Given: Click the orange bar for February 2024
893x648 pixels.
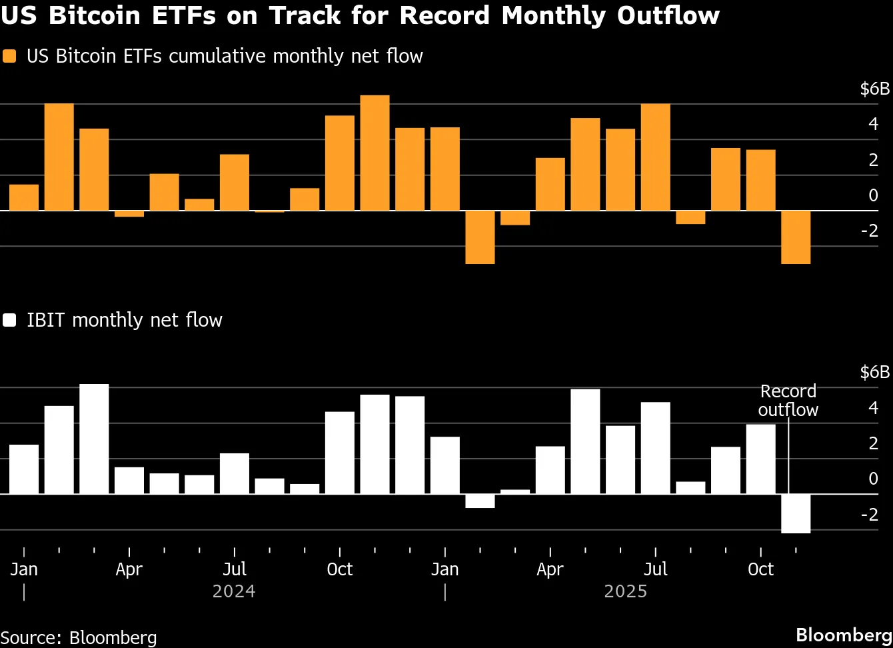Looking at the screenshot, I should click(x=59, y=157).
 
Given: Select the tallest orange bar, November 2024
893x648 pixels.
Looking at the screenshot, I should click(x=375, y=153).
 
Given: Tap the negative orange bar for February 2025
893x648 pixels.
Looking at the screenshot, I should click(x=480, y=237).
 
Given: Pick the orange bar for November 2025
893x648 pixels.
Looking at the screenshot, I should click(x=796, y=237).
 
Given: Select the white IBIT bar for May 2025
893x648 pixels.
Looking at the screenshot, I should click(x=585, y=441).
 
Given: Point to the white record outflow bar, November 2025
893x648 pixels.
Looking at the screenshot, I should click(x=796, y=513).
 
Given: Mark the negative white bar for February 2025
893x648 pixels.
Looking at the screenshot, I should click(x=480, y=501).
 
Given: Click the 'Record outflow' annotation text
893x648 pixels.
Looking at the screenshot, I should click(x=788, y=400).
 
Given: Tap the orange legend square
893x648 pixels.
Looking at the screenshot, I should click(x=9, y=56).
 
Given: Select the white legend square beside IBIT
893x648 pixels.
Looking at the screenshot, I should click(x=9, y=321).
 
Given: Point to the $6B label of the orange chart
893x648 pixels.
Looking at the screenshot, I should click(x=874, y=89).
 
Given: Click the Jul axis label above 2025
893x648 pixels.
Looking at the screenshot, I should click(x=656, y=569).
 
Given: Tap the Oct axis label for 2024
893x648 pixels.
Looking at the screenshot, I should click(x=340, y=569).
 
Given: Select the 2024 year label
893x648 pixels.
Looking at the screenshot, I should click(x=234, y=591).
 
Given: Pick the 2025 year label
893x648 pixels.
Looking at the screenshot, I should click(x=626, y=591).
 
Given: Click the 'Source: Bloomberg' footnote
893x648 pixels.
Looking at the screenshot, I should click(x=79, y=637).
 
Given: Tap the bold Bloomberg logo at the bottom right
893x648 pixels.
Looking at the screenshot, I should click(x=844, y=635).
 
